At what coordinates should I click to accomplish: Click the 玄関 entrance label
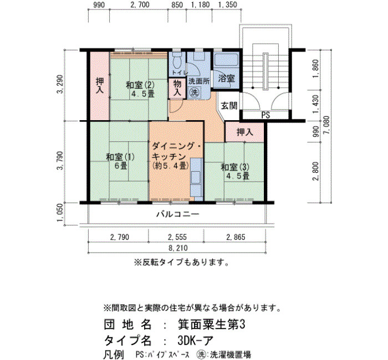tap(229, 106)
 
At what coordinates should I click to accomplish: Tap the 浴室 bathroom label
tap(226, 79)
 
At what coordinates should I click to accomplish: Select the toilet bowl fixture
tap(177, 61)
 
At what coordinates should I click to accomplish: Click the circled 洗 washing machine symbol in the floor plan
tap(194, 92)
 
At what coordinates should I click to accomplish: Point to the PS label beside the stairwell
tap(266, 115)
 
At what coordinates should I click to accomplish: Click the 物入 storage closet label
tap(177, 88)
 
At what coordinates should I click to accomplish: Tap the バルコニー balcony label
tap(178, 214)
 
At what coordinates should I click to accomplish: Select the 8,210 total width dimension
tap(178, 248)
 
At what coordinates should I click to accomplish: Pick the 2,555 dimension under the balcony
tap(177, 237)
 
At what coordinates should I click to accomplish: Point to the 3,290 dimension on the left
tap(60, 84)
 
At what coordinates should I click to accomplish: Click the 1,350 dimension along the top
tap(228, 4)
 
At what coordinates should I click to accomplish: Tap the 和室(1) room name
tap(120, 157)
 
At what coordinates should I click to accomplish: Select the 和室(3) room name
tap(235, 167)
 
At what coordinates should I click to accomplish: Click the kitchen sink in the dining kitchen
tap(196, 177)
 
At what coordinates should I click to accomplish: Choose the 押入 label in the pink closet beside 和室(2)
tap(100, 85)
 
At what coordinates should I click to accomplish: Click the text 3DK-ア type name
tap(195, 341)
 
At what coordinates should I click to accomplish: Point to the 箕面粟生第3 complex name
tap(212, 325)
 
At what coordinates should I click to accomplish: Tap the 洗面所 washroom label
tap(199, 81)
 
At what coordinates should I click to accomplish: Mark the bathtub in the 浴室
tap(226, 60)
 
